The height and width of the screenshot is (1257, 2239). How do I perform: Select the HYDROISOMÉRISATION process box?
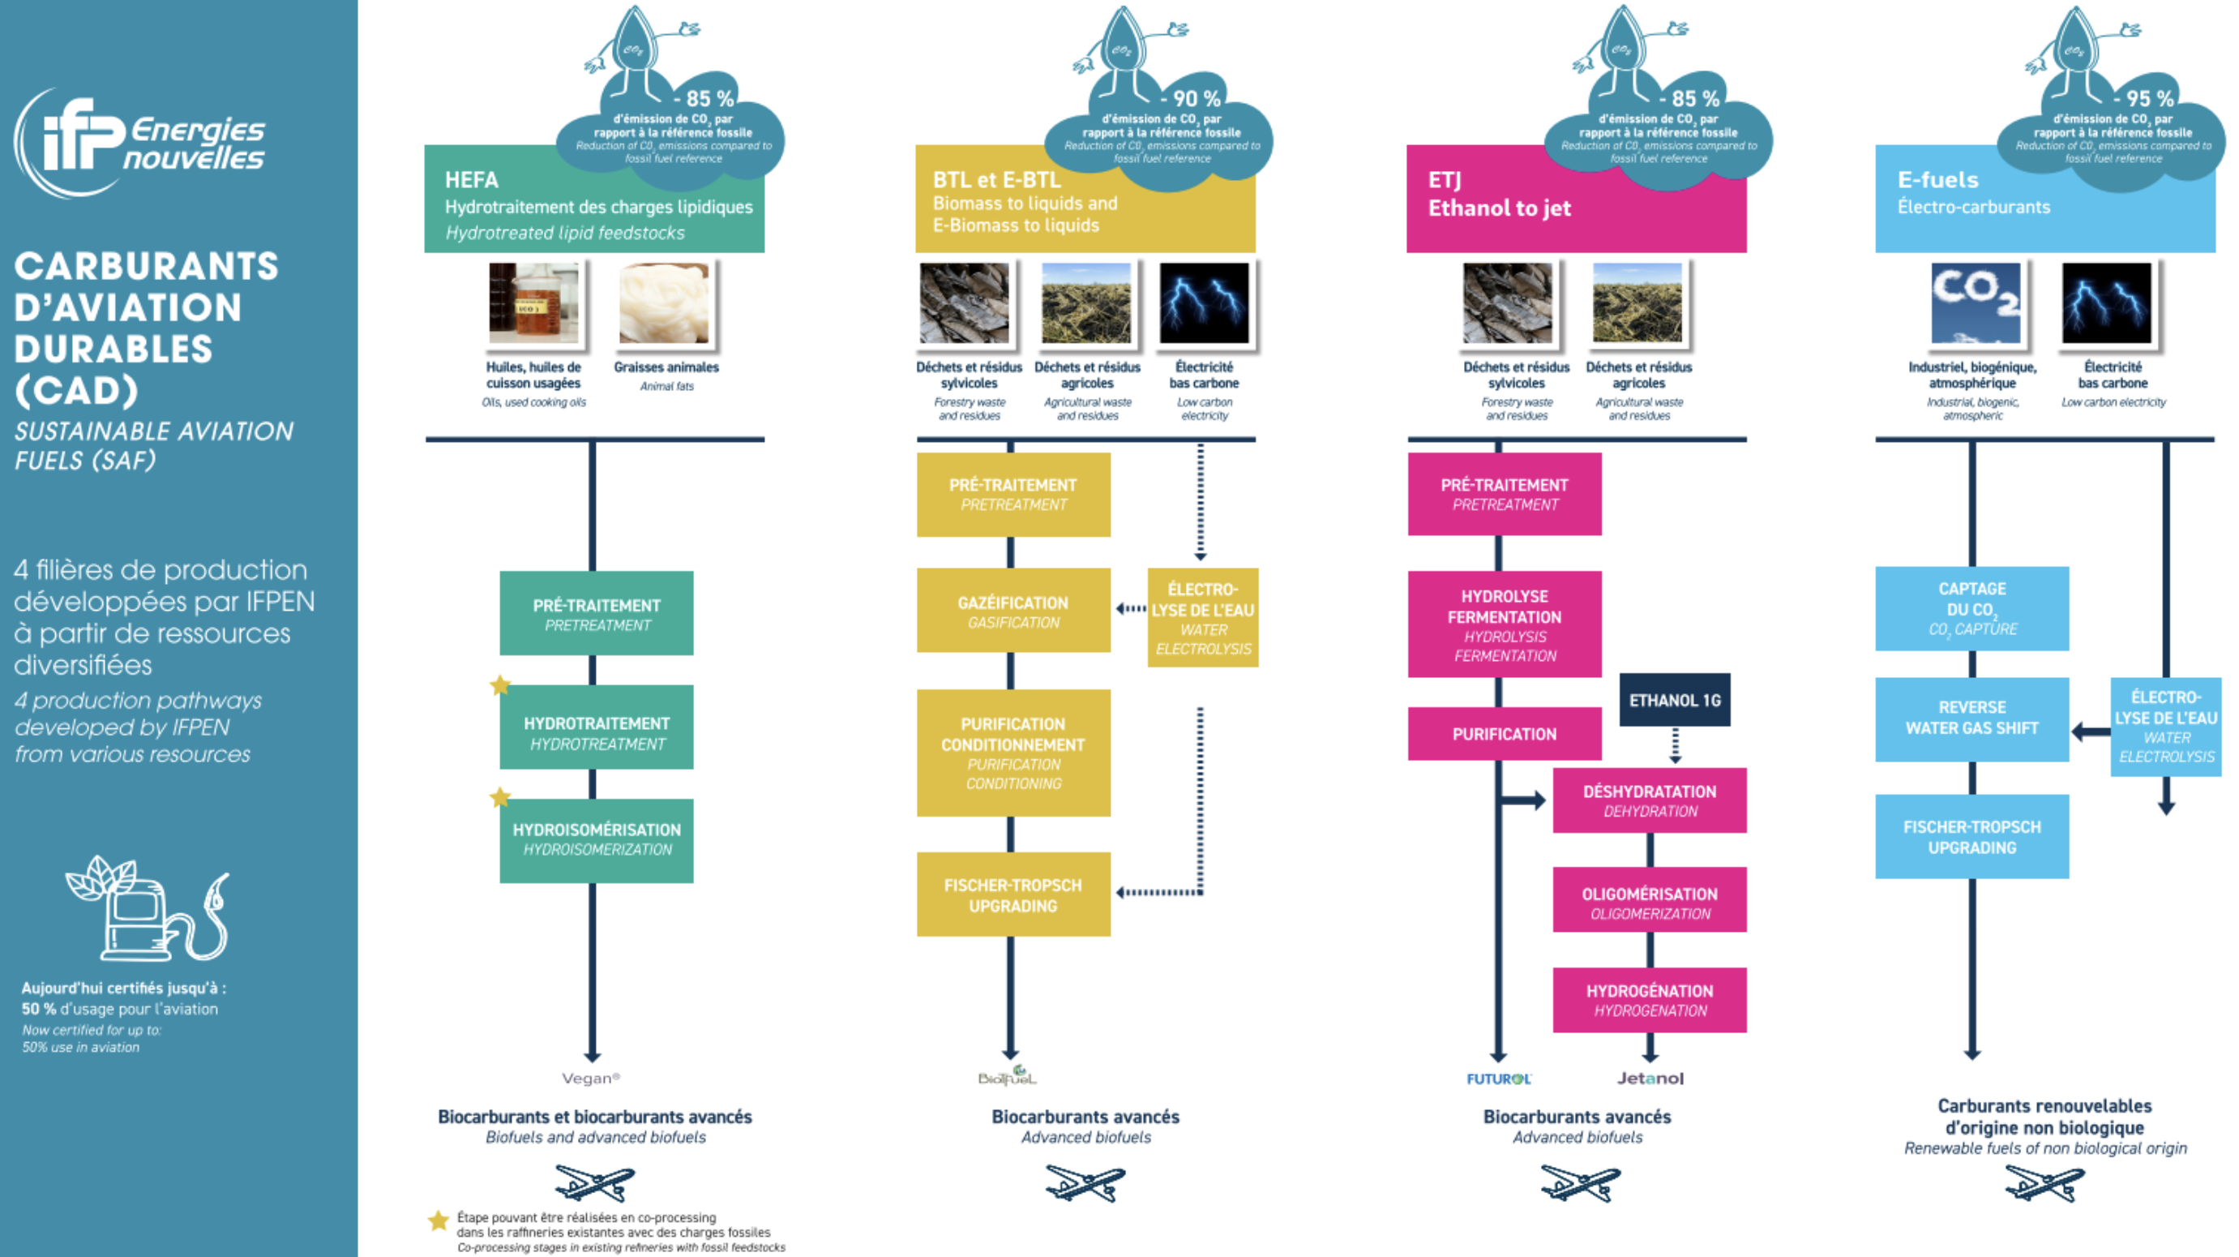[x=597, y=839]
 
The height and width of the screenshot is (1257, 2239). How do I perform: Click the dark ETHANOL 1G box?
[x=1674, y=700]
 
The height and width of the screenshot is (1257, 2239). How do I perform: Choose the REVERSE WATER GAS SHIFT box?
[x=1971, y=718]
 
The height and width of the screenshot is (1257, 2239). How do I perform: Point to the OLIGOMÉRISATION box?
[x=1649, y=903]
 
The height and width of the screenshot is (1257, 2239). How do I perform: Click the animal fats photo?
[x=664, y=303]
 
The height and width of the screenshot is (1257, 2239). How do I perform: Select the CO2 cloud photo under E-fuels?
[x=1975, y=303]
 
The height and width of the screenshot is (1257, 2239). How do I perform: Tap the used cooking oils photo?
[x=533, y=303]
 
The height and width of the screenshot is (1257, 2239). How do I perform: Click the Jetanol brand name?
[x=1650, y=1079]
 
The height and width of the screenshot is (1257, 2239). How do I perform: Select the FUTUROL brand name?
[x=1498, y=1079]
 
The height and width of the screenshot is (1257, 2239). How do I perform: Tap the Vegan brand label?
[x=591, y=1079]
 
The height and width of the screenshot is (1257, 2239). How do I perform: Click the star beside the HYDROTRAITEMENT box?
[x=500, y=685]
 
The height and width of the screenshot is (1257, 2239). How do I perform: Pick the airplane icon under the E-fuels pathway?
[x=2044, y=1183]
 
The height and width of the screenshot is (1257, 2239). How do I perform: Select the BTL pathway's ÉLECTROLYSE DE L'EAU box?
[x=1202, y=618]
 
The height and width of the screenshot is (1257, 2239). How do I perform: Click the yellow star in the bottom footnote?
[x=438, y=1221]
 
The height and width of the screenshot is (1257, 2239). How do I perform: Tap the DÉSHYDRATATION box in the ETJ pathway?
[x=1649, y=800]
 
